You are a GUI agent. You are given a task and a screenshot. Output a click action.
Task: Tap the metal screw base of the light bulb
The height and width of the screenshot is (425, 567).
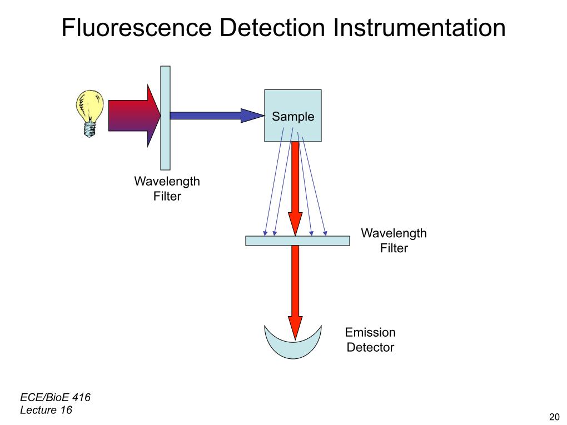click(88, 130)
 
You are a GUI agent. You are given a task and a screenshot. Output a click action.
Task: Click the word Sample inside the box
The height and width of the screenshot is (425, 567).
click(293, 117)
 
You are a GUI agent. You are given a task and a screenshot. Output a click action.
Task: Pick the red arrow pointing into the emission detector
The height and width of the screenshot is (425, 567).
click(296, 289)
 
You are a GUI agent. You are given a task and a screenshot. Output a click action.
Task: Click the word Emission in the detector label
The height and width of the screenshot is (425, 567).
click(370, 333)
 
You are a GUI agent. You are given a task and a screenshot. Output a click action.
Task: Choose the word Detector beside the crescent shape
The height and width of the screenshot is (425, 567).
click(370, 348)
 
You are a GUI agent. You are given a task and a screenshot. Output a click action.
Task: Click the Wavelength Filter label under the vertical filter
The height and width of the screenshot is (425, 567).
click(167, 189)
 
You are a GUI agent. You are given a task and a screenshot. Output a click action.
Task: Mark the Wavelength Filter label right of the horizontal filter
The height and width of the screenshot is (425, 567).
click(394, 241)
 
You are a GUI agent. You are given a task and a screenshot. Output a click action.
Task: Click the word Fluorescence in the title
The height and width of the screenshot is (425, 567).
click(137, 28)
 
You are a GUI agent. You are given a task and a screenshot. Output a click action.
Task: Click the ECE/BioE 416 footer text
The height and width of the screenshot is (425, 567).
click(55, 397)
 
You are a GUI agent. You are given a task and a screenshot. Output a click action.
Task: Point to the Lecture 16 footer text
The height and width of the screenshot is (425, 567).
click(46, 411)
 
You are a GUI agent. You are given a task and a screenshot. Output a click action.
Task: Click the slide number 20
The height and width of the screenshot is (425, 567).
click(554, 417)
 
